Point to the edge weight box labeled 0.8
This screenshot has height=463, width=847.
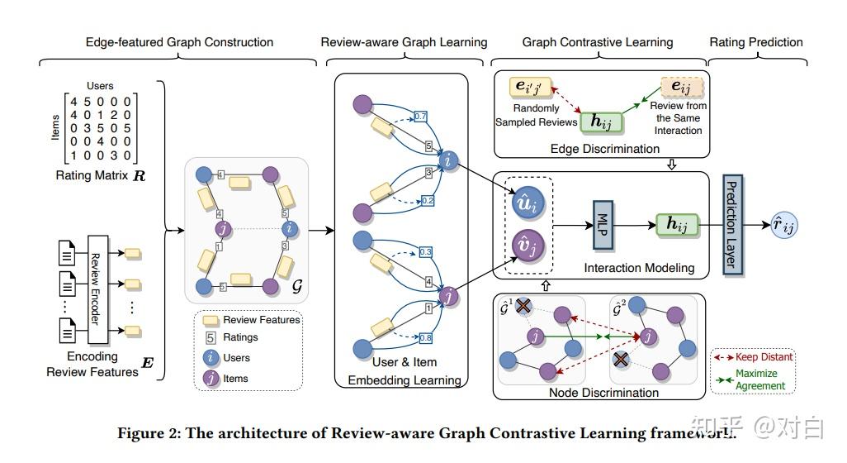pyautogui.click(x=426, y=337)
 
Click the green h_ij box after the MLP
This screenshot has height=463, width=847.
pyautogui.click(x=677, y=224)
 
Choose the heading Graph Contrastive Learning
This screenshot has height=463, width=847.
pyautogui.click(x=598, y=42)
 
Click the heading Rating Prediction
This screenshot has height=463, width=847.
pyautogui.click(x=756, y=42)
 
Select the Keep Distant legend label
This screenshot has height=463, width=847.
pyautogui.click(x=764, y=357)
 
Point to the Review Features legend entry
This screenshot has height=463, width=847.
pyautogui.click(x=261, y=319)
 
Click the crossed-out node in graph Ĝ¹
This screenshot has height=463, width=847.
pyautogui.click(x=523, y=307)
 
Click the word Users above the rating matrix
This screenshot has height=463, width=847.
pyautogui.click(x=100, y=85)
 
